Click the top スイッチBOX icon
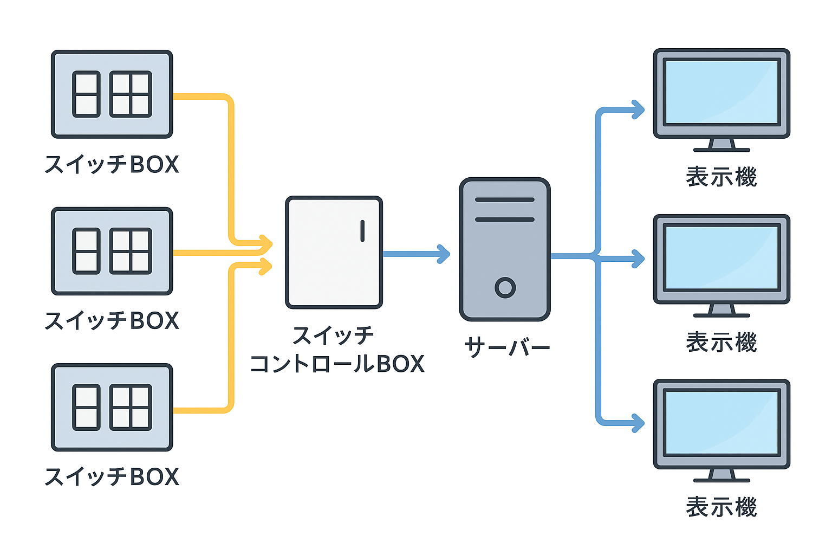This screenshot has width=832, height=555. click(x=112, y=94)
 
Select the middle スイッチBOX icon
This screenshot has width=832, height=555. click(x=112, y=251)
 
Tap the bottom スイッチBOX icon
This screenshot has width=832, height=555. click(x=112, y=407)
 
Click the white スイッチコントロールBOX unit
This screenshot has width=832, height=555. click(x=334, y=253)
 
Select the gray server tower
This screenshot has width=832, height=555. click(x=505, y=249)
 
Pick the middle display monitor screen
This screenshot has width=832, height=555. click(x=721, y=258)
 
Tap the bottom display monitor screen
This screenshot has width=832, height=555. click(x=721, y=423)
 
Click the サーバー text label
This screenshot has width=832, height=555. click(x=507, y=347)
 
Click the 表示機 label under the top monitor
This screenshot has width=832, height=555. click(x=721, y=177)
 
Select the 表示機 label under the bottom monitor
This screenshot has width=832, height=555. click(x=721, y=507)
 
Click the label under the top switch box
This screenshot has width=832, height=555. click(x=112, y=164)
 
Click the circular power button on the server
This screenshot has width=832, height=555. click(x=505, y=287)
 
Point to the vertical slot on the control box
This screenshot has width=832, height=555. click(x=362, y=230)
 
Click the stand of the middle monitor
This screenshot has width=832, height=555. click(x=721, y=311)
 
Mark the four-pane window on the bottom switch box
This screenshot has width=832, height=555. click(x=131, y=407)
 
